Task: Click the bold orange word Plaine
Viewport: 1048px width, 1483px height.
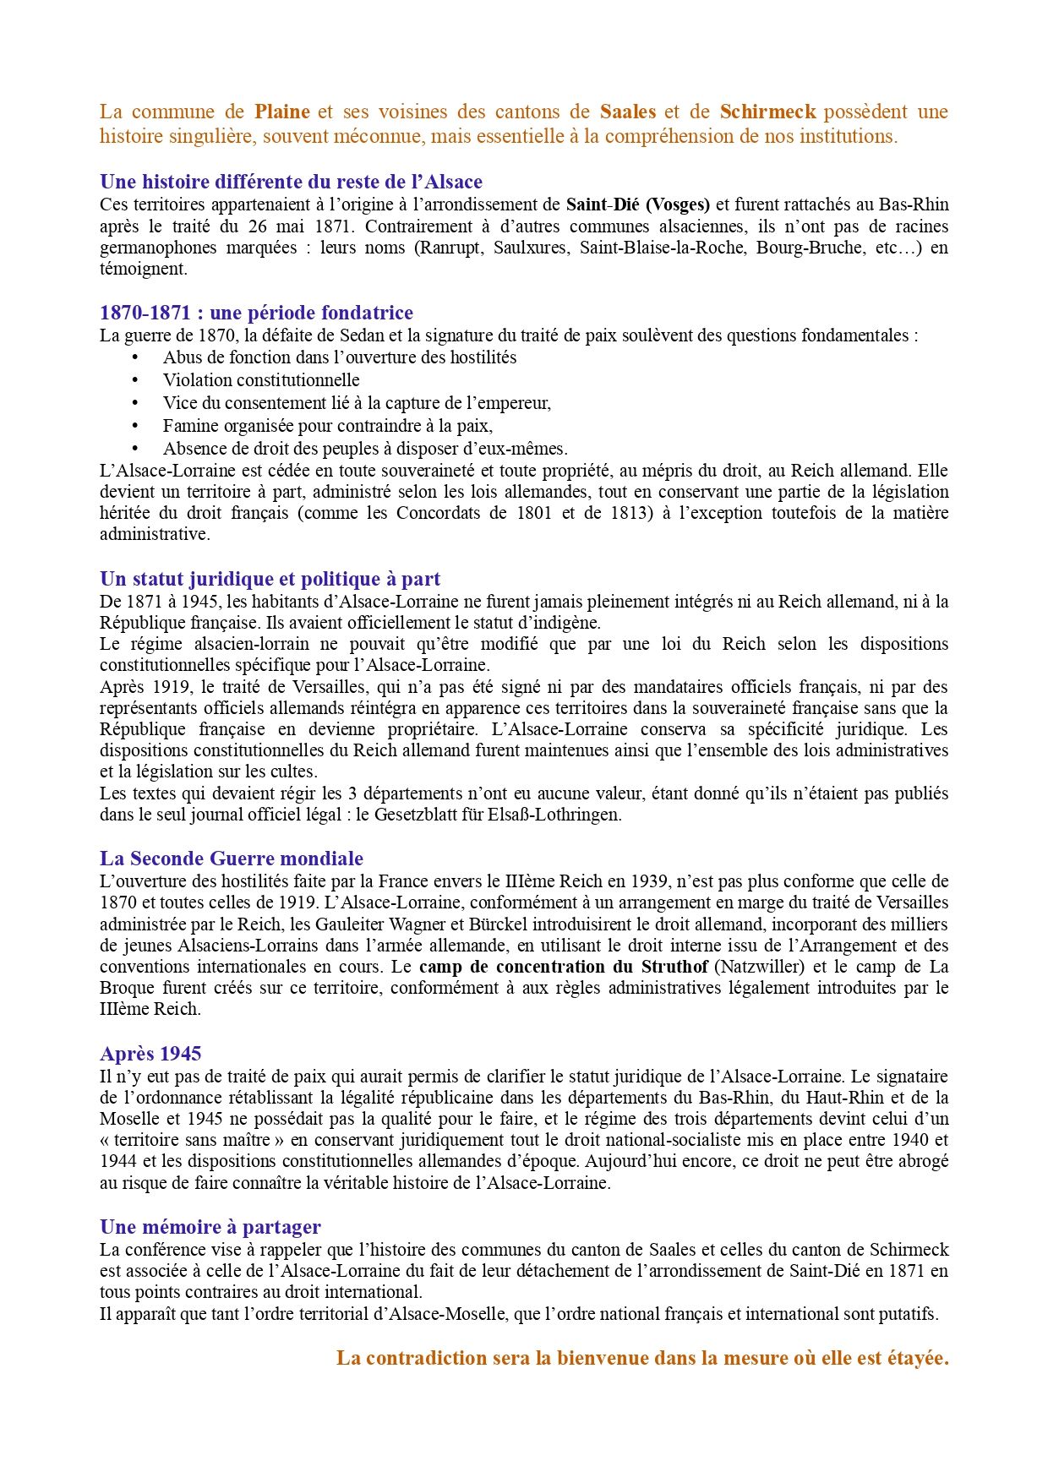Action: point(282,112)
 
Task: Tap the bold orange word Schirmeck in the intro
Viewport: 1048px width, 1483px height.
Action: point(767,112)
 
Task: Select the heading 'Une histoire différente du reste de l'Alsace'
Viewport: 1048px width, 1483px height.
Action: point(291,182)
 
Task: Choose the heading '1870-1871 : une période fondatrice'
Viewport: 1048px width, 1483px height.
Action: point(256,313)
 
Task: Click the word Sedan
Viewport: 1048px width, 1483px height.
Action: point(358,335)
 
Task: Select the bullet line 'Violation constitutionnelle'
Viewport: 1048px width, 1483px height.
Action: point(261,380)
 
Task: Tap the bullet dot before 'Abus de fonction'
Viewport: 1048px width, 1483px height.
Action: point(134,357)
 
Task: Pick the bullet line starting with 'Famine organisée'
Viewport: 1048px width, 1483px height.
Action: point(328,426)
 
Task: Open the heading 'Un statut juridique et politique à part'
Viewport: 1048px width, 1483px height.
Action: point(270,579)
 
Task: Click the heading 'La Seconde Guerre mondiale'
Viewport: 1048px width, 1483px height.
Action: point(232,859)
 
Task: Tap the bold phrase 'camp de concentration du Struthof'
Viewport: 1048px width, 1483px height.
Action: point(564,967)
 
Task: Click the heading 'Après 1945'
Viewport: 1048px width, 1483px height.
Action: point(150,1054)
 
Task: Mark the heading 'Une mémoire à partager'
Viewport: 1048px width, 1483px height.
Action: point(210,1227)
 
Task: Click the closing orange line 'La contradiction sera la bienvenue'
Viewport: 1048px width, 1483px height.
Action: point(642,1358)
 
